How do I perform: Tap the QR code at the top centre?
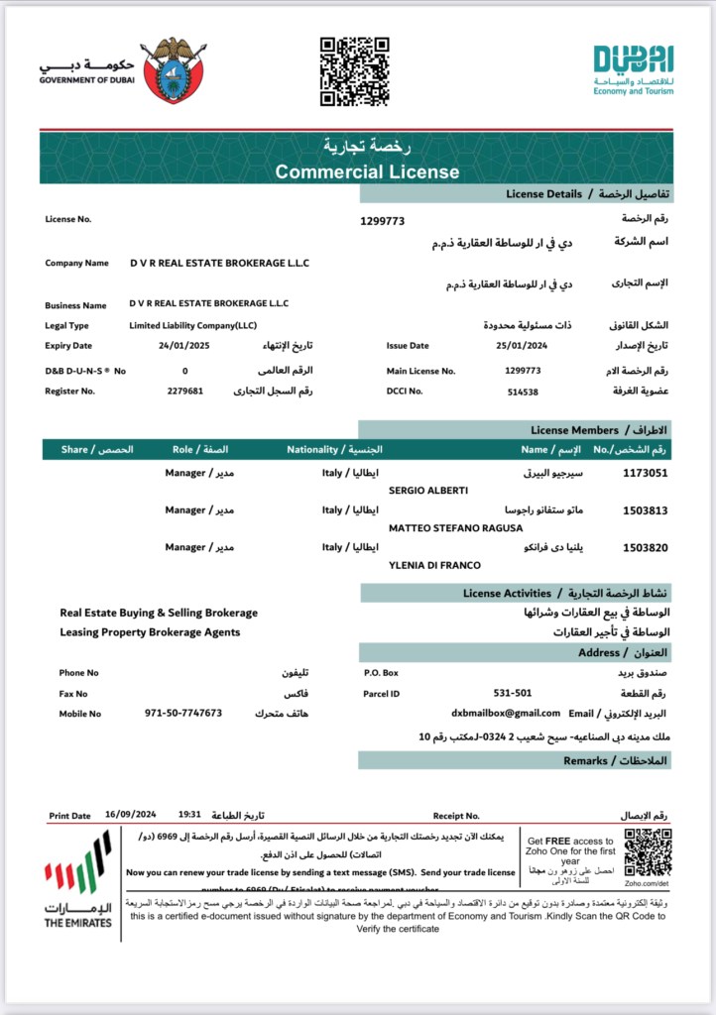click(354, 71)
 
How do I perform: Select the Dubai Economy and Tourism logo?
click(634, 69)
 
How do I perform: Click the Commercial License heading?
click(367, 171)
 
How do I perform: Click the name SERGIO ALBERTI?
click(427, 491)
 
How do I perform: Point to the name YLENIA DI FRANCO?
click(434, 565)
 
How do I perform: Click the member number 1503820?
click(645, 547)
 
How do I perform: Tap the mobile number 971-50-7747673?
click(183, 713)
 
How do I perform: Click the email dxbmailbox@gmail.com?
click(506, 713)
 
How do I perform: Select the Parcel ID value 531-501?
click(513, 693)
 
